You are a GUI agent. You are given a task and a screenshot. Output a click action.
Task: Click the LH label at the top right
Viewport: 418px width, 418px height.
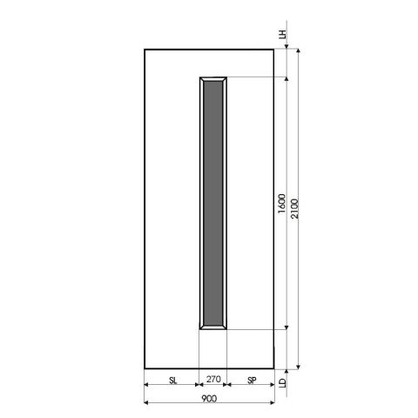(281, 36)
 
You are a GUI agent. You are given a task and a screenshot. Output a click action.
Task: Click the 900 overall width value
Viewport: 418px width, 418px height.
(209, 398)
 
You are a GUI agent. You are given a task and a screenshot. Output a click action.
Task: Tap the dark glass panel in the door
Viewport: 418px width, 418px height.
(212, 203)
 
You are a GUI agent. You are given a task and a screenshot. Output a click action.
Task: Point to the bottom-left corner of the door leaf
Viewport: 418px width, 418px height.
(144, 367)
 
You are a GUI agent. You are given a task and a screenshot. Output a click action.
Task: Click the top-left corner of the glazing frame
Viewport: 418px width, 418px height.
(199, 77)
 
